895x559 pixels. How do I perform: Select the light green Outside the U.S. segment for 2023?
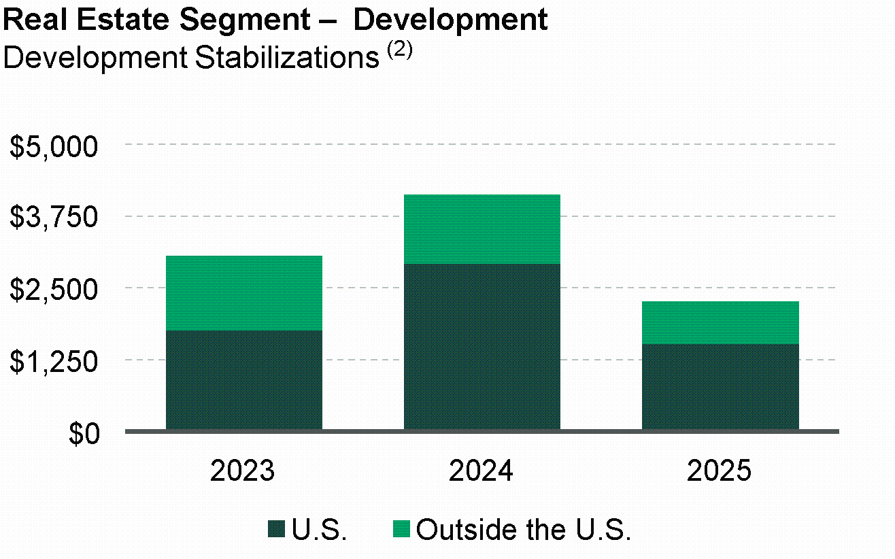tap(243, 293)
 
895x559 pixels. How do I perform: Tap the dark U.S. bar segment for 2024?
tap(482, 346)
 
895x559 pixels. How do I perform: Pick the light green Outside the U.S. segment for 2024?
tap(482, 229)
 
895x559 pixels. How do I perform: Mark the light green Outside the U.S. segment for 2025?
tap(720, 322)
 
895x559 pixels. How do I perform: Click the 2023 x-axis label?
tap(243, 471)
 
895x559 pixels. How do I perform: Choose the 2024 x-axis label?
tap(482, 471)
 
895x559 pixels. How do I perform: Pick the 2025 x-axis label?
tap(720, 471)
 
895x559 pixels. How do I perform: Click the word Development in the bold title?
tap(451, 20)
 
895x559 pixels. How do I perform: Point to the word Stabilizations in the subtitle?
tap(286, 58)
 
